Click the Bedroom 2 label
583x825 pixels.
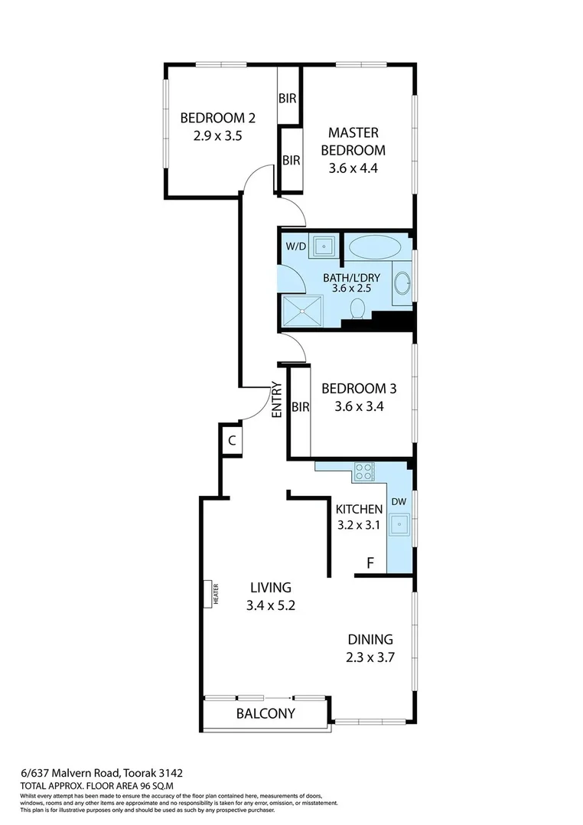click(x=217, y=118)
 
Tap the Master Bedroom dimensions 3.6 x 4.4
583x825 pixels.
click(x=353, y=170)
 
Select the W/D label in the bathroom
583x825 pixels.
click(x=296, y=246)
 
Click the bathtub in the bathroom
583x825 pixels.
click(x=374, y=247)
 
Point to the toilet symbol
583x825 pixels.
click(x=357, y=309)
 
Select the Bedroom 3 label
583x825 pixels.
click(x=358, y=388)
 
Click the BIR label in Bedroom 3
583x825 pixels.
click(x=300, y=407)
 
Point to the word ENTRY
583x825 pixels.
click(x=277, y=399)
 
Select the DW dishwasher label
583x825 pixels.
click(x=399, y=501)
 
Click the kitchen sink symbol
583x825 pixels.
click(x=399, y=525)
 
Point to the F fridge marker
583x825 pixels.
click(x=370, y=563)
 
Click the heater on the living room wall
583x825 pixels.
click(x=207, y=593)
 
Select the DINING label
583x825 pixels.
click(x=370, y=639)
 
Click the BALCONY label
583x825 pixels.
click(x=265, y=713)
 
